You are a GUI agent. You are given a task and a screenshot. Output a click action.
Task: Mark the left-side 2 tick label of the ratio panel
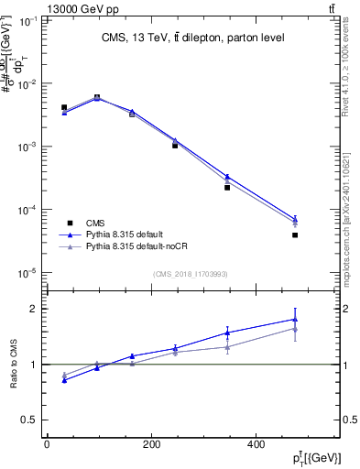click(x=32, y=309)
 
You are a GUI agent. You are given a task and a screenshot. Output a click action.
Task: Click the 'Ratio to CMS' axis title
click(x=13, y=364)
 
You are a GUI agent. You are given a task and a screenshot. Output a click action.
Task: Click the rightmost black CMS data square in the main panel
click(x=295, y=235)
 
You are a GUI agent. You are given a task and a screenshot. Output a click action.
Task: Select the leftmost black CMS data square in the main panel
click(x=63, y=107)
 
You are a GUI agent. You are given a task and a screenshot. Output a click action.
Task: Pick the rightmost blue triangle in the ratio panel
click(x=295, y=319)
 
